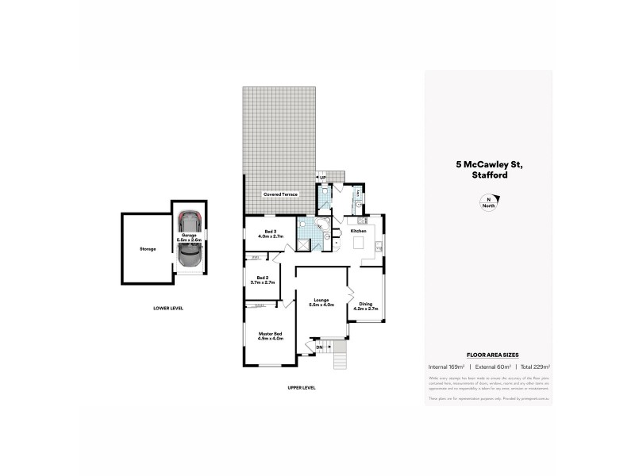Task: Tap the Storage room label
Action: [x=146, y=248]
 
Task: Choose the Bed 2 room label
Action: [x=263, y=280]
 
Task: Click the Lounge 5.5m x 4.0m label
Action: [x=321, y=302]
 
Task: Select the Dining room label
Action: [x=365, y=306]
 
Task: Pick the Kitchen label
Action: [x=357, y=231]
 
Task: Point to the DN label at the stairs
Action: [x=319, y=347]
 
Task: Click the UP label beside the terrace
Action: [x=322, y=178]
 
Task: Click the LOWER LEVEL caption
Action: [x=168, y=308]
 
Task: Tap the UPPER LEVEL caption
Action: [x=302, y=387]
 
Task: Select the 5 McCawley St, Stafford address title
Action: [x=488, y=170]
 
